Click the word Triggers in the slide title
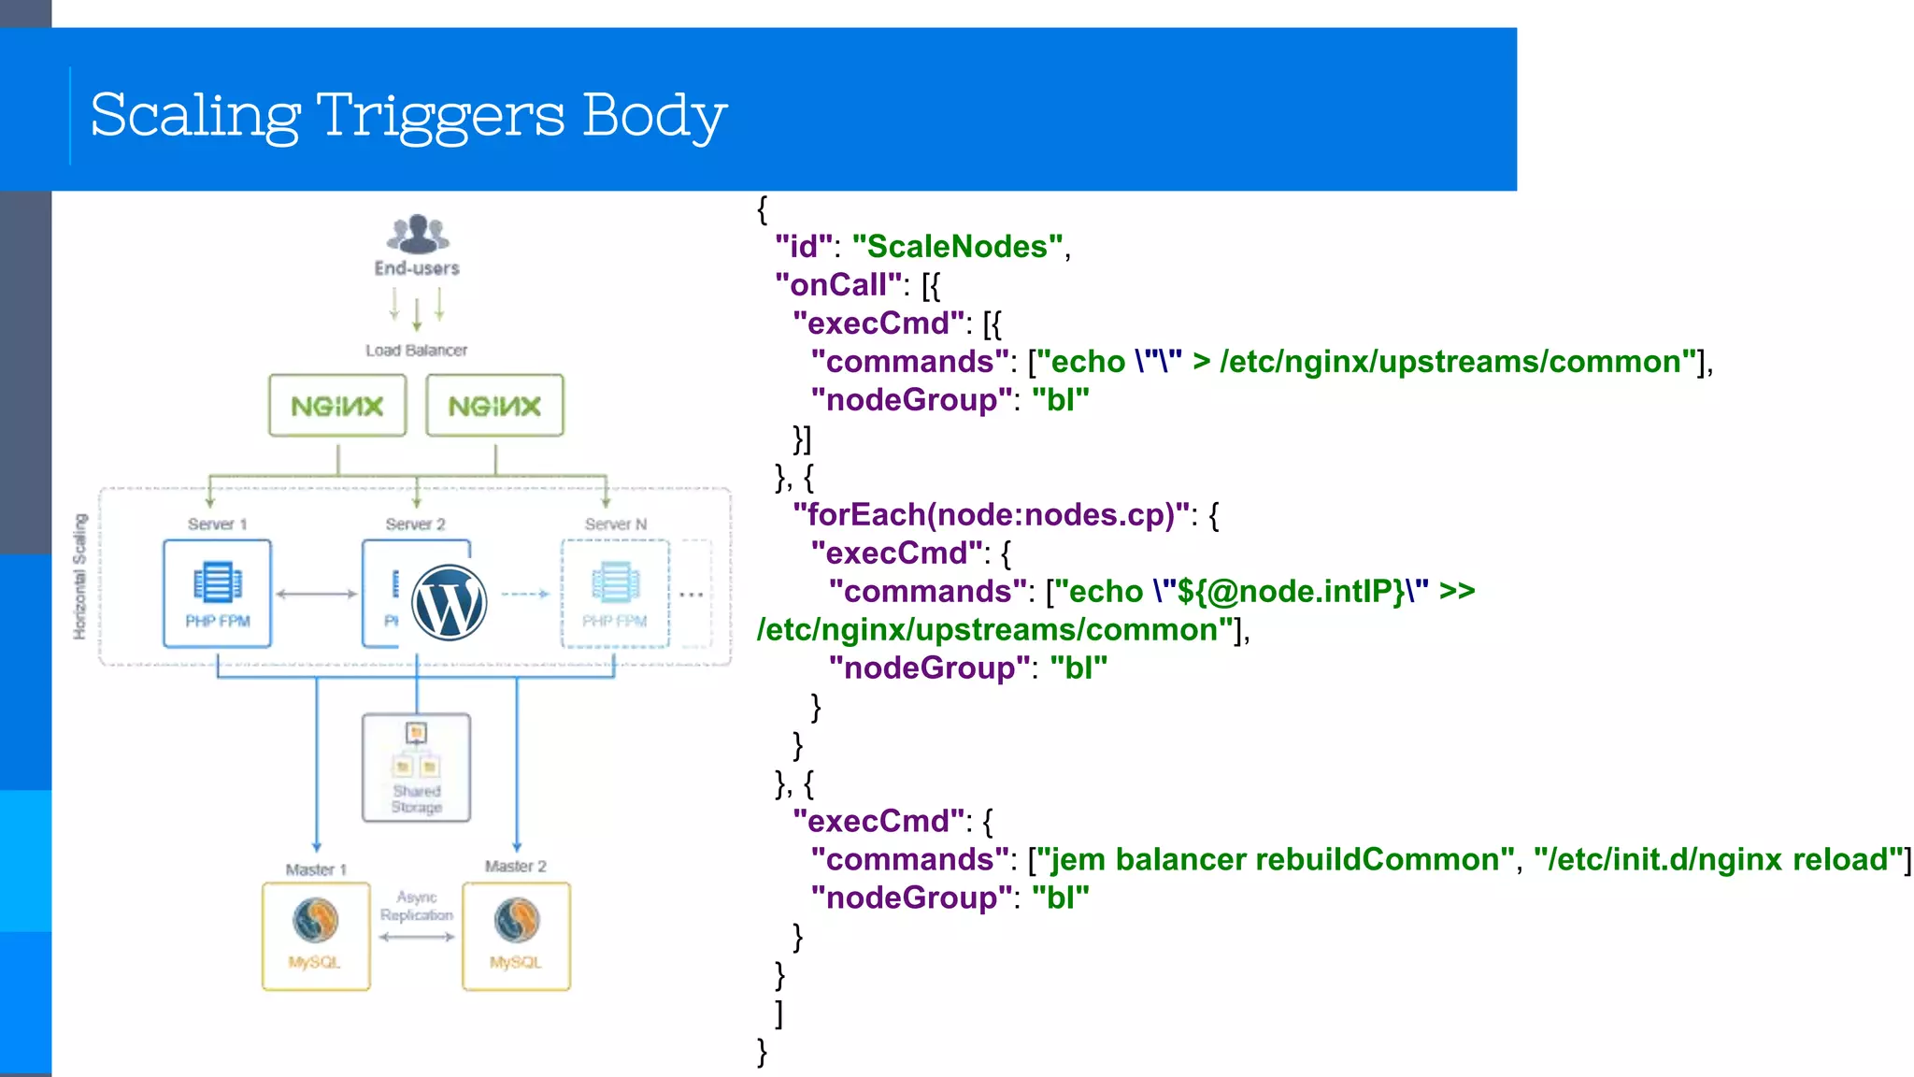439,117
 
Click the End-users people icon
417,234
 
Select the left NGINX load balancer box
337,406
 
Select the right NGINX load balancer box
494,406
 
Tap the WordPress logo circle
450,603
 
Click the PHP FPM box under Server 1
217,594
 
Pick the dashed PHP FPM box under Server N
615,594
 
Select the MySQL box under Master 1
316,936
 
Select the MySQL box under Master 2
516,936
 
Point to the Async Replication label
417,906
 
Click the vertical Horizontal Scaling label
79,577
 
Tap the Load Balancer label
416,351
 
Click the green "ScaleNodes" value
957,247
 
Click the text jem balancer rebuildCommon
1275,860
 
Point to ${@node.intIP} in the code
1291,592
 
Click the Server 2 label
415,524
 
